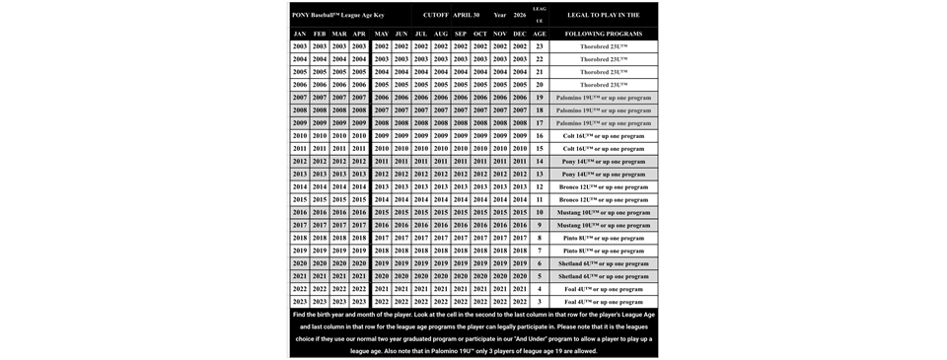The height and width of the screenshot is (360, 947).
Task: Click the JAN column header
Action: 300,34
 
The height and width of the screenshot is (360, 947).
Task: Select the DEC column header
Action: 520,34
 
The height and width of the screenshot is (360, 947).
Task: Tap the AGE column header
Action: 540,34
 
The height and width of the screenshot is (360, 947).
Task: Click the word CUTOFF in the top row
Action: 436,16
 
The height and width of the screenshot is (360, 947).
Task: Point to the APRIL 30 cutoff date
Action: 467,16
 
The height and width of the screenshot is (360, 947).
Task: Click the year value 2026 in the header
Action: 520,16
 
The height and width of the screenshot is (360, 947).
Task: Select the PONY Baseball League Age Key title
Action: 338,16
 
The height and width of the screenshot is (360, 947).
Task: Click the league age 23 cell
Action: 540,46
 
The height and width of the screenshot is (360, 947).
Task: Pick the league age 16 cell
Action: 540,136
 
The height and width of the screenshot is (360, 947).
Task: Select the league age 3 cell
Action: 540,302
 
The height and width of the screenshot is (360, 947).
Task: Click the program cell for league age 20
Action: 604,85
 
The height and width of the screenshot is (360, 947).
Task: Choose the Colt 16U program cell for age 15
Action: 604,149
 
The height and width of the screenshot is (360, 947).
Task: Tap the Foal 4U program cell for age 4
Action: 604,289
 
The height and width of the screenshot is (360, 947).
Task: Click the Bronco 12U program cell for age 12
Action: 604,186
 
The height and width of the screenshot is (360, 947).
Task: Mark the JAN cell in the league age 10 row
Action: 300,212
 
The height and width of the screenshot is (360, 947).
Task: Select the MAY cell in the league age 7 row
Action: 381,251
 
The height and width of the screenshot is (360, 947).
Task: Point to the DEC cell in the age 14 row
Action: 520,161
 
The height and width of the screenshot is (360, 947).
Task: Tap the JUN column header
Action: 401,34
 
